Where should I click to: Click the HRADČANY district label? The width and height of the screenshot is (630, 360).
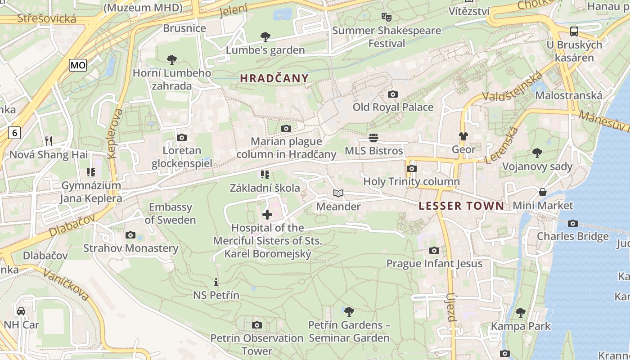tap(274, 78)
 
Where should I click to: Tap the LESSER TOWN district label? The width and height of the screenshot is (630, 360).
tap(461, 206)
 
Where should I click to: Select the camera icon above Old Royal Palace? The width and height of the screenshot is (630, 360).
tap(393, 94)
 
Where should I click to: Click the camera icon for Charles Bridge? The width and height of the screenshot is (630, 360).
tap(573, 223)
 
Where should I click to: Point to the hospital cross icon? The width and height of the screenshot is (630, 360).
tap(267, 215)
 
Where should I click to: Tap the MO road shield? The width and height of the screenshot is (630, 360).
tap(78, 65)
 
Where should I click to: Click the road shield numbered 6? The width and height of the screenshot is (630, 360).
tap(15, 133)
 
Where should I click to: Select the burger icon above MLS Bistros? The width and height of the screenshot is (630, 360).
tap(373, 137)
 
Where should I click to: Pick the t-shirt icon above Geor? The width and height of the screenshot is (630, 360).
tap(463, 136)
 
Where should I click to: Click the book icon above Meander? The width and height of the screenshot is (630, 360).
tap(338, 193)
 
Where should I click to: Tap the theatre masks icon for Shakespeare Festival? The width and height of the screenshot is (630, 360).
tap(386, 17)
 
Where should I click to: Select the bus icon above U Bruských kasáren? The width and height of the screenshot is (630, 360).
tap(574, 31)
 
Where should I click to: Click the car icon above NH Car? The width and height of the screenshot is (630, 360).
tap(21, 311)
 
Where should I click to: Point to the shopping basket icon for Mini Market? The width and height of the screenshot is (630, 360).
tap(543, 193)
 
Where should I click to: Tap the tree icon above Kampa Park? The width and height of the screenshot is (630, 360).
tap(521, 312)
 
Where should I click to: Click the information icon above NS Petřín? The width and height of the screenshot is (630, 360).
tap(216, 283)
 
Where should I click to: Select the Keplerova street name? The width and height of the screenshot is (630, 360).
tap(115, 133)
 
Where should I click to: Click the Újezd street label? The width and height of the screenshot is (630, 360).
tap(451, 307)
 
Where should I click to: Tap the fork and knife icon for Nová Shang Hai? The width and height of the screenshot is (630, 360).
tap(49, 141)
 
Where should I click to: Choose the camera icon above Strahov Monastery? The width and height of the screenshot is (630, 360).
tap(130, 235)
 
